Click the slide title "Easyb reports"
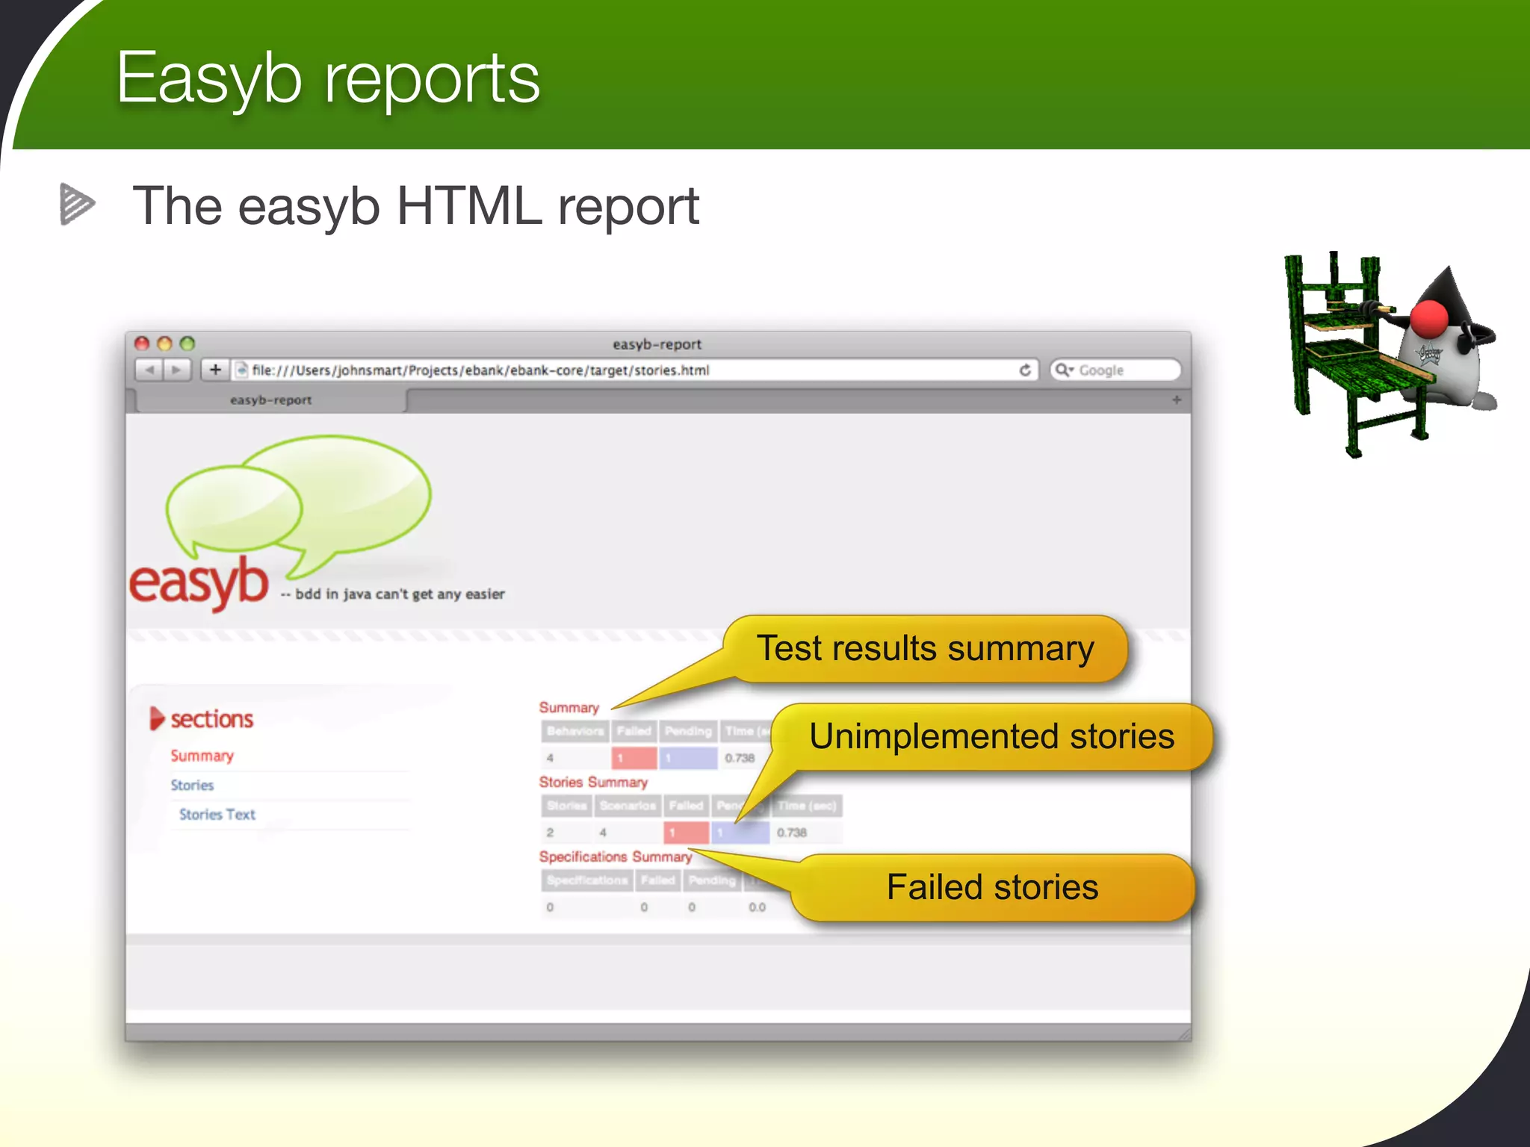(x=327, y=79)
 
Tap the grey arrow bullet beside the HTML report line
(x=76, y=204)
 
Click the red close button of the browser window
(x=142, y=344)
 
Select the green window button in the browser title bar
(x=188, y=344)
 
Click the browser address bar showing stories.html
(x=628, y=370)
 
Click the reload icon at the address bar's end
(x=1025, y=370)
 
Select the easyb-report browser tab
(x=270, y=400)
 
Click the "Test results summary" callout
(x=925, y=648)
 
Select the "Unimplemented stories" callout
(x=991, y=736)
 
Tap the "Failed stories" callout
(x=992, y=887)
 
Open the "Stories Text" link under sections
(x=217, y=815)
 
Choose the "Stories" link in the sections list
(x=192, y=786)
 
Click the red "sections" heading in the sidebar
(x=211, y=719)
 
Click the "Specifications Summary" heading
(x=615, y=857)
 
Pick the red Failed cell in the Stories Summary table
(x=686, y=832)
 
